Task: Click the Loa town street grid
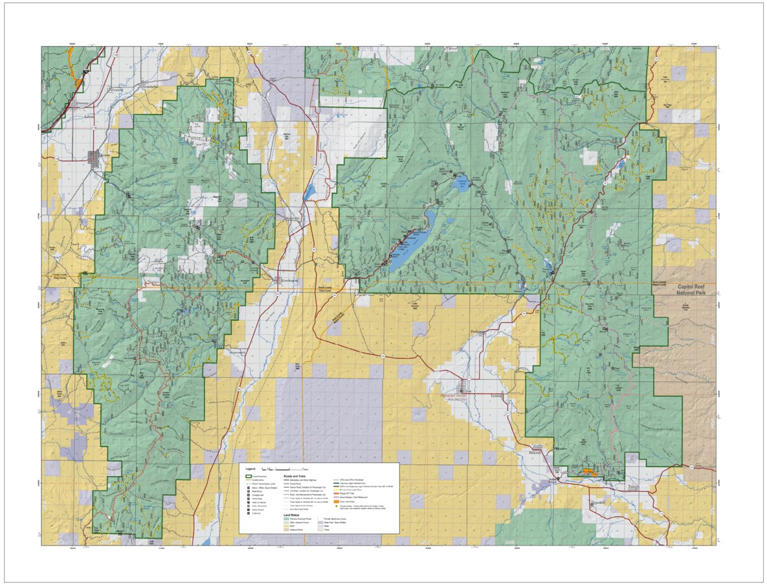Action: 464,387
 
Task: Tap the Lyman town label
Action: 496,395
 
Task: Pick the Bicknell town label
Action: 534,452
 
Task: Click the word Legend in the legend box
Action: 250,468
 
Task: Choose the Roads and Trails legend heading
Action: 295,475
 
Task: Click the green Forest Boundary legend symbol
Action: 247,476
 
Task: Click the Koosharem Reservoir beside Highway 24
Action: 309,192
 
